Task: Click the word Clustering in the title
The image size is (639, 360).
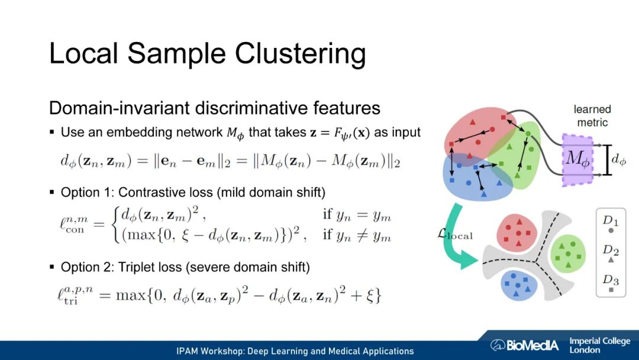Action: (301, 54)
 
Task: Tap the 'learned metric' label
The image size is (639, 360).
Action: (592, 115)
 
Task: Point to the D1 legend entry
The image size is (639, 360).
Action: (611, 224)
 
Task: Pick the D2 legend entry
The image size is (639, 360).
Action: (611, 253)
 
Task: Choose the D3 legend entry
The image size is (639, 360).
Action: (611, 283)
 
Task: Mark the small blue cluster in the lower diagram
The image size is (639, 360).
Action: (519, 285)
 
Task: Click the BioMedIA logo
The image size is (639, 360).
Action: (524, 345)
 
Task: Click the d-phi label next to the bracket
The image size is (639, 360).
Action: (618, 159)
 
